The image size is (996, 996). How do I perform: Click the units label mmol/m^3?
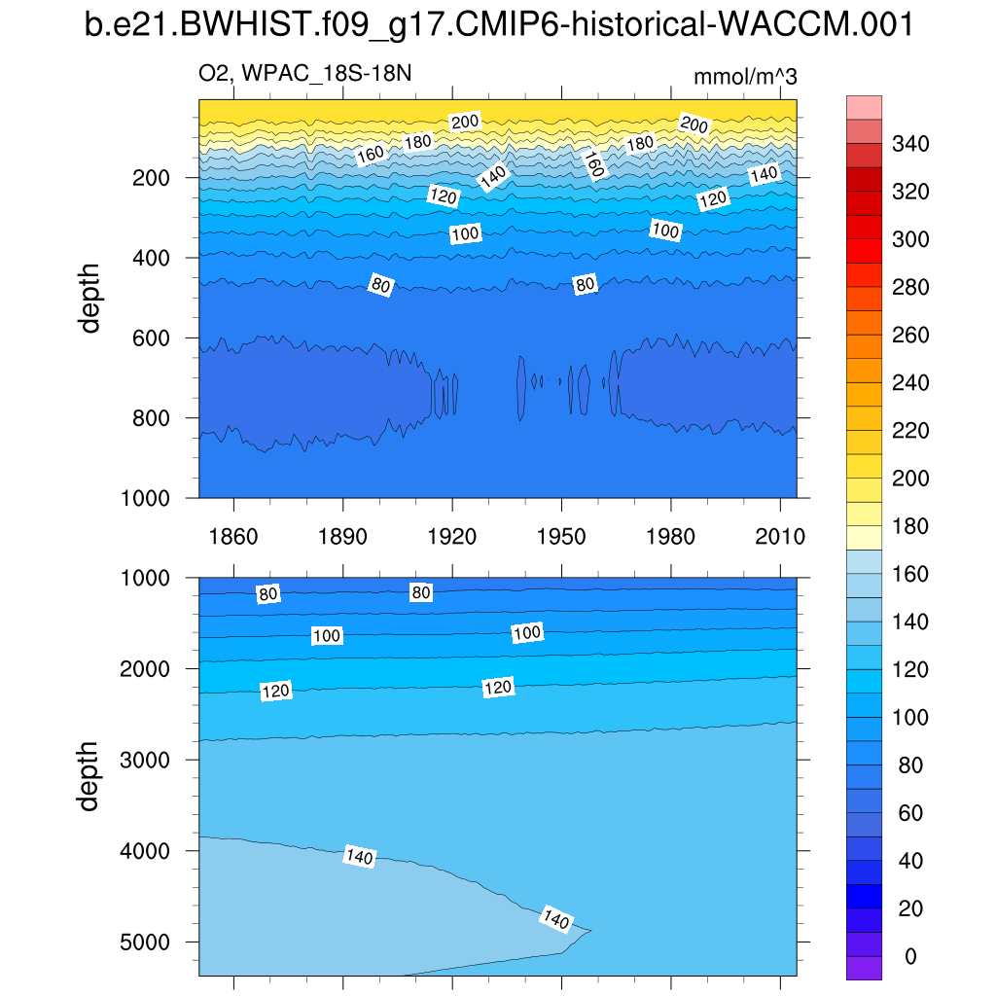[x=745, y=77]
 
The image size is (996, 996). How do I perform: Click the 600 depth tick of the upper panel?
[x=151, y=338]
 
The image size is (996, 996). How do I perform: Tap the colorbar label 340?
[x=910, y=145]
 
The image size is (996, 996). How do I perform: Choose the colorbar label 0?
[x=910, y=957]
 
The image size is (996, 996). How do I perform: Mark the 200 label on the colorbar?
[x=910, y=479]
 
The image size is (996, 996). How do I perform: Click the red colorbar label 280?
[x=910, y=288]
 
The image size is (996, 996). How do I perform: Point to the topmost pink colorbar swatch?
[x=864, y=107]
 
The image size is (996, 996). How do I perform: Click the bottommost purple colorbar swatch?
[x=864, y=968]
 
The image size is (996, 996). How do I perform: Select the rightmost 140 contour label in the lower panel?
[x=556, y=919]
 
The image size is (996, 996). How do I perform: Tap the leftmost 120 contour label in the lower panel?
[x=276, y=692]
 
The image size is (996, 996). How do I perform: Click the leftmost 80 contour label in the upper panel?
[x=380, y=284]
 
